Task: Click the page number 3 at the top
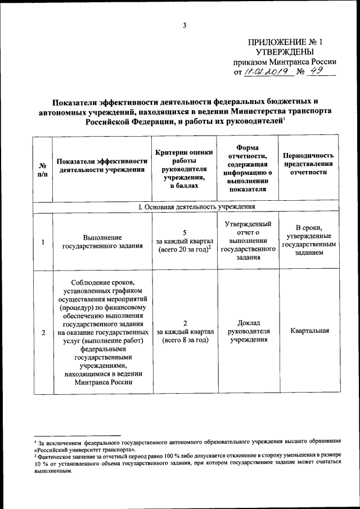coord(184,24)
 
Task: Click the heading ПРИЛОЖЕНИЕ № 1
coord(286,42)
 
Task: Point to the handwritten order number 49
coord(318,71)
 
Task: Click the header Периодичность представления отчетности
coord(308,164)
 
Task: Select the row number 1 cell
coord(43,242)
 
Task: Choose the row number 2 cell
coord(43,331)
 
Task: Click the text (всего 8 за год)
coord(185,340)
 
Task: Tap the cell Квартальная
coord(308,331)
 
